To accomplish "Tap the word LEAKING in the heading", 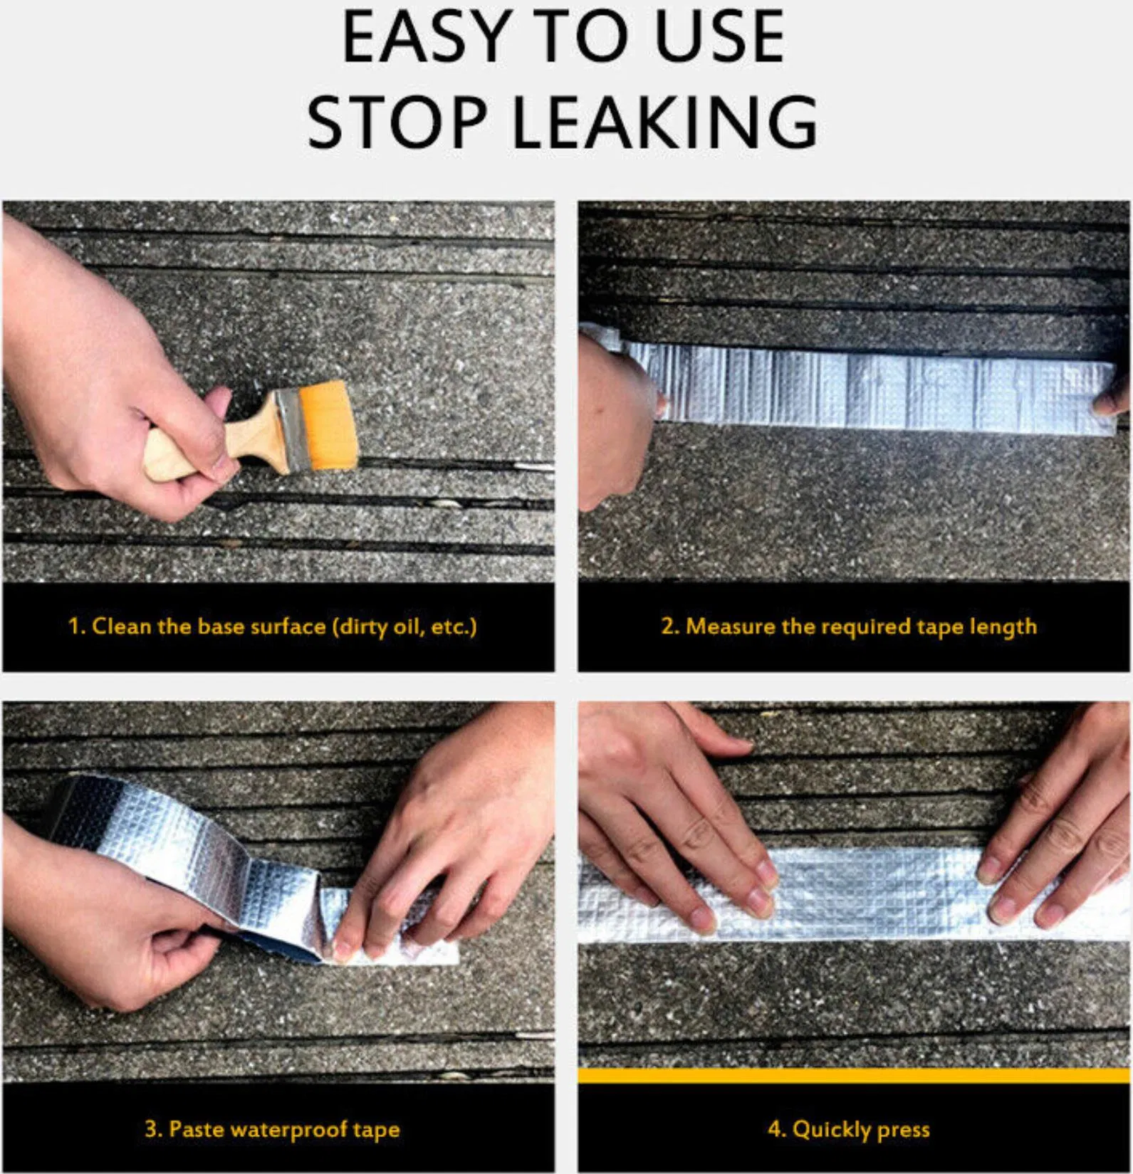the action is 664,122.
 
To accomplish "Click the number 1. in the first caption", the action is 77,627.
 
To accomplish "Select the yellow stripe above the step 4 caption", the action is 854,1076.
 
